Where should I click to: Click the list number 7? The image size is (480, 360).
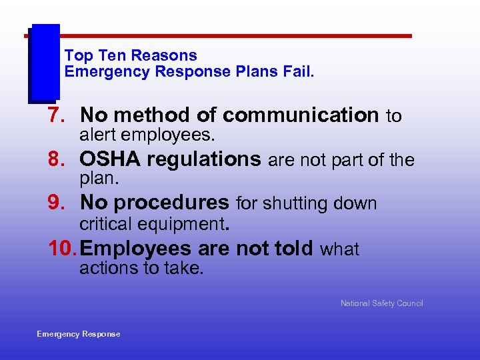tap(55, 116)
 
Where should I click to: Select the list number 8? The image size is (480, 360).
tap(55, 160)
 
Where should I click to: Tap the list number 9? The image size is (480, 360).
tap(55, 203)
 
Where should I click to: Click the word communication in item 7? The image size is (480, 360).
tap(301, 116)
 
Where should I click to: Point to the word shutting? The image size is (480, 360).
tap(295, 203)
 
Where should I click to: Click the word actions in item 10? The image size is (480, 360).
tap(105, 268)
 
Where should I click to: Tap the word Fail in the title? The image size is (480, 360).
tap(298, 71)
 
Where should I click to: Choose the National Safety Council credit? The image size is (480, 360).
tap(381, 303)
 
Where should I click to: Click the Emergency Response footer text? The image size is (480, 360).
tap(79, 334)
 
